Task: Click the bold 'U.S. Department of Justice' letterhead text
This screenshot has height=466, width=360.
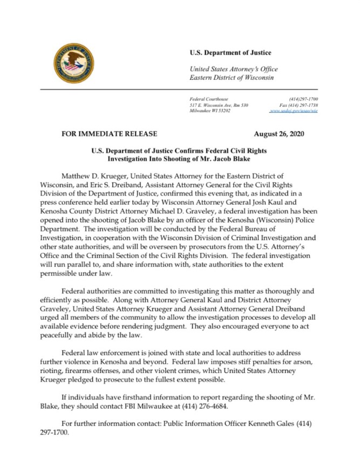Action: (230, 52)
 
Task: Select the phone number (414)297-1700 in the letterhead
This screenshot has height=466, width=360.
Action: (303, 99)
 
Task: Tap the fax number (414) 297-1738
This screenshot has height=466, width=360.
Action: (298, 105)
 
